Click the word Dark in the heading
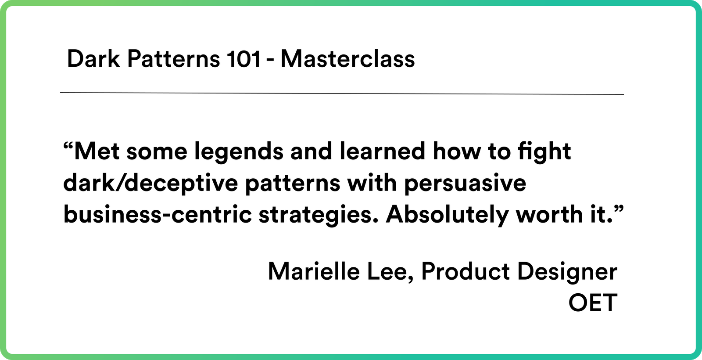coord(93,59)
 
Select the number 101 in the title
coord(243,59)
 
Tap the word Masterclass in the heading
coord(347,59)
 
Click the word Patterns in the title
coord(173,59)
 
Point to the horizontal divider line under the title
coord(342,94)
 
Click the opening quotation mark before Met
coord(68,146)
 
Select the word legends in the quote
coord(239,152)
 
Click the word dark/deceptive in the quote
coord(150,184)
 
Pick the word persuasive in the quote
coord(465,184)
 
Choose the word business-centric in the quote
coord(158,215)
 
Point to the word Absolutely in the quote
coord(447,215)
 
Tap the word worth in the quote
coord(549,215)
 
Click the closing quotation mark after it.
coord(618,209)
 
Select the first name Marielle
coord(314,272)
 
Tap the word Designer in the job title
coord(567,272)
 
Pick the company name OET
coord(593,303)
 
